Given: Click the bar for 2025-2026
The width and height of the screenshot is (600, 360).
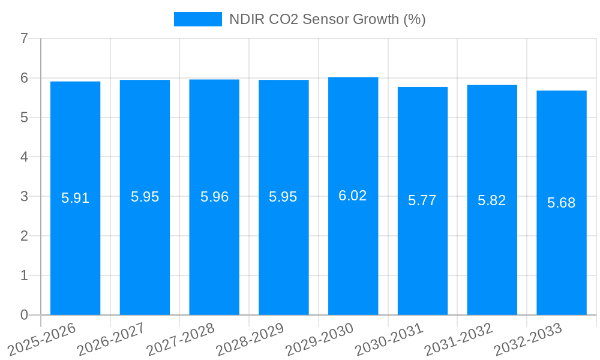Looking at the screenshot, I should coord(75,198).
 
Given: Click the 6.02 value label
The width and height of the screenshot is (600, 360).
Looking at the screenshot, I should coord(353,196).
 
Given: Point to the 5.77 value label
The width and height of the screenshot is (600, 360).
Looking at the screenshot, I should coord(422,200).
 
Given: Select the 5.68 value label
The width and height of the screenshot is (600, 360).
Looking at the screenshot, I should coord(561,203).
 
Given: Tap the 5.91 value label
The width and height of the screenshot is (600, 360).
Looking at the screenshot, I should coord(76,198).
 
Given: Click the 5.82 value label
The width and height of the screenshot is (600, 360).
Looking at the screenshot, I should coord(491,200).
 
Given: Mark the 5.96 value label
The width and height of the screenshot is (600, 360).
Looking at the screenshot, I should coord(214,197).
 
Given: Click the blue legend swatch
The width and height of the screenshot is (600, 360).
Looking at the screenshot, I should coord(197,19).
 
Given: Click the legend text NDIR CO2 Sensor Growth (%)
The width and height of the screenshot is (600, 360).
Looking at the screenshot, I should coord(327,19).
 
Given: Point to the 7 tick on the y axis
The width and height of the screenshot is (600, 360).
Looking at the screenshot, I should coord(24,38).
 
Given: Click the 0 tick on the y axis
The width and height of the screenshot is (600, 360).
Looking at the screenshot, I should coord(24,315).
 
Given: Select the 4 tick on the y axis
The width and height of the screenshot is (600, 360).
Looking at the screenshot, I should coord(24,157).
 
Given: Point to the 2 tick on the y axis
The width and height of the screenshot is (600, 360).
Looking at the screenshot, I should coord(24,236).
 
